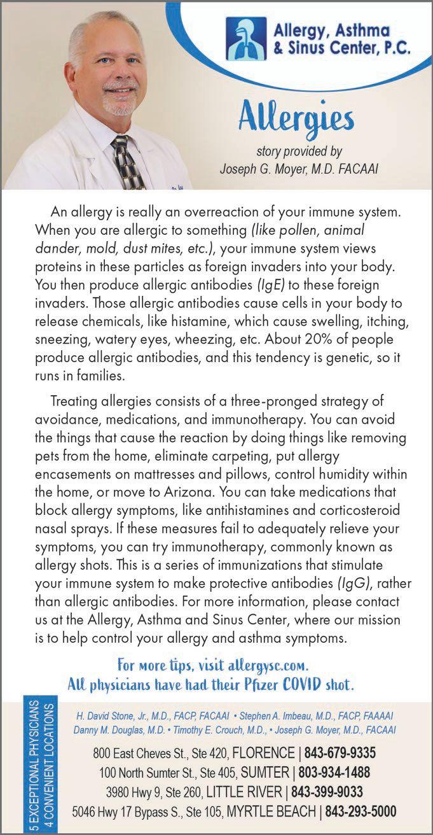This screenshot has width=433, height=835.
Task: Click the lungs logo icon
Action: (x=247, y=38)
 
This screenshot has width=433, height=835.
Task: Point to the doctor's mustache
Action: (x=119, y=87)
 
